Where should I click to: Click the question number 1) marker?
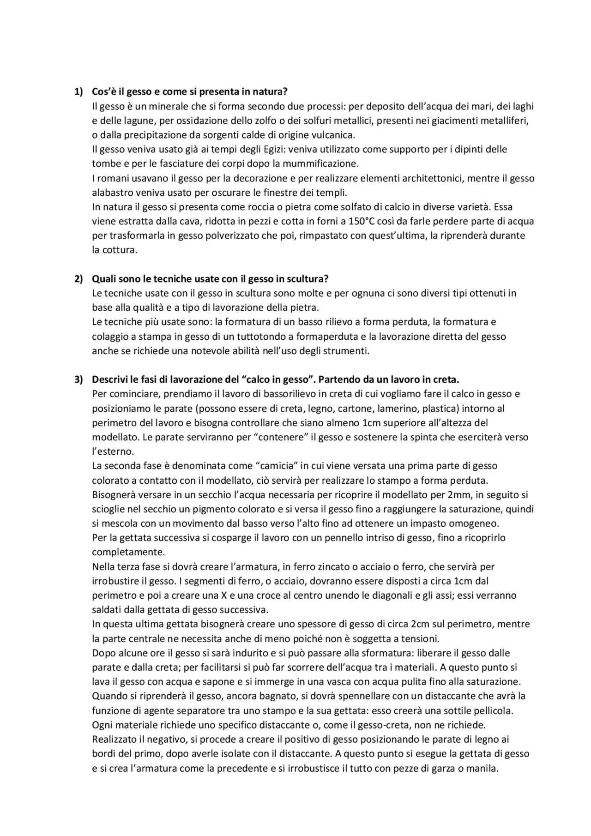(x=78, y=92)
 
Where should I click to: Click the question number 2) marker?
(x=78, y=279)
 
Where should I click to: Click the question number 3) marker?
(x=78, y=379)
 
